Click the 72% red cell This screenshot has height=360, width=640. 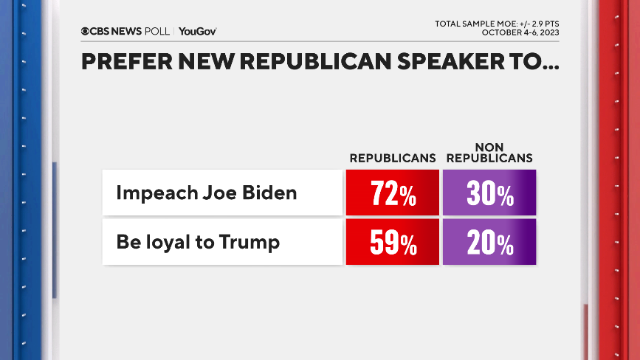392,193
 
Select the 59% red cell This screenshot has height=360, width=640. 392,242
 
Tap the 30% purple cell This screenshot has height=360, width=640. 489,193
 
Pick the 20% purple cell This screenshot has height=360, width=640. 489,242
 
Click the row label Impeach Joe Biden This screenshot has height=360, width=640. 206,193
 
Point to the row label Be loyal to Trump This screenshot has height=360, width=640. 198,242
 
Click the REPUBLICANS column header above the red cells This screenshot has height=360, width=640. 391,158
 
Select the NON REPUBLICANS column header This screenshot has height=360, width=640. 489,153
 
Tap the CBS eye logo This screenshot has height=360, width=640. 85,31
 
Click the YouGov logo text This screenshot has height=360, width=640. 198,31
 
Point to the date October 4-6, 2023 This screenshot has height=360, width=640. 520,32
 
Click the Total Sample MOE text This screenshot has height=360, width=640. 498,24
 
